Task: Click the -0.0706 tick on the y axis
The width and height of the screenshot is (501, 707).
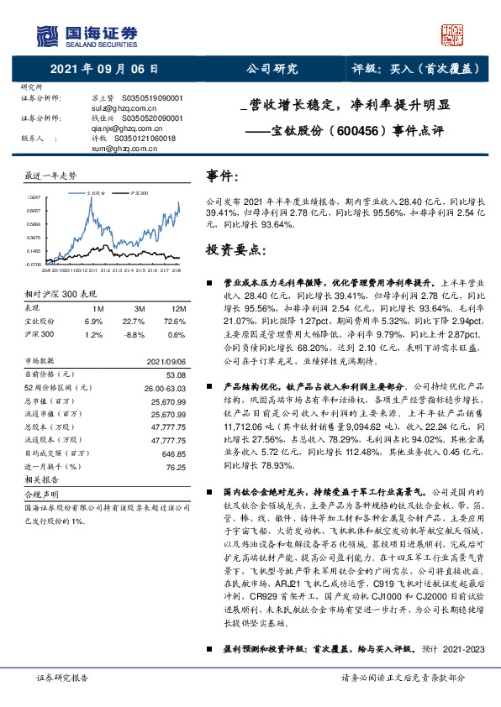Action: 33,264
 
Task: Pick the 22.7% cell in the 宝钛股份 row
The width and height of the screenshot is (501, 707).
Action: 134,322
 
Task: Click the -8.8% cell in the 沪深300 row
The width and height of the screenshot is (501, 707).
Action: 134,335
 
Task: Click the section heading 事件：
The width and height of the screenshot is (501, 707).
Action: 224,175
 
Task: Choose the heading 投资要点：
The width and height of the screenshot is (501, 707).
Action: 235,251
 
